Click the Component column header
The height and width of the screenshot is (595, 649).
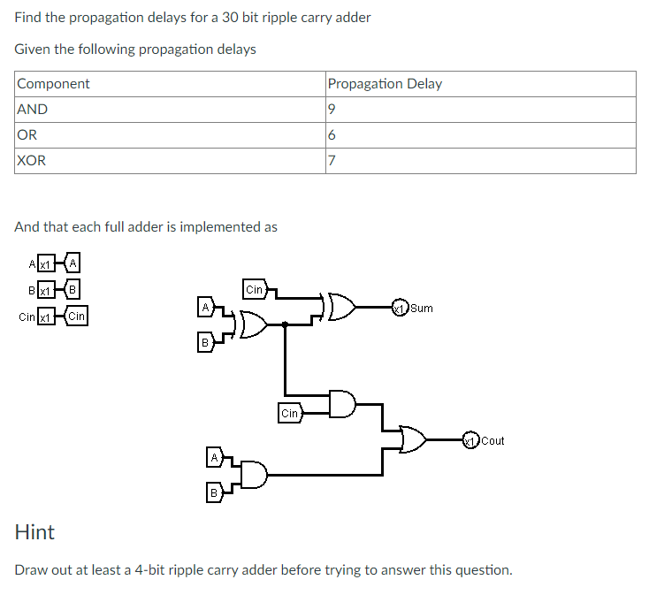click(53, 84)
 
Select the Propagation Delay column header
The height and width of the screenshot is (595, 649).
click(385, 84)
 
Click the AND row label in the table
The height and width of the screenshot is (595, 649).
click(33, 110)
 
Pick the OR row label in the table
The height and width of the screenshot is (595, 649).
click(27, 135)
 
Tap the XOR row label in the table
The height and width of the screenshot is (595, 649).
click(32, 161)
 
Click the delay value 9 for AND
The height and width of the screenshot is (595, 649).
click(331, 110)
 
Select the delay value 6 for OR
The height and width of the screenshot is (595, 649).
click(331, 135)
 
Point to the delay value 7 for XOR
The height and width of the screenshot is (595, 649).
click(331, 161)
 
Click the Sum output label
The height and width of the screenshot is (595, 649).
click(422, 309)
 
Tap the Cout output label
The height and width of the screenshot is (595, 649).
click(493, 440)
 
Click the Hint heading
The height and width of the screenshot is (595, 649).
click(34, 532)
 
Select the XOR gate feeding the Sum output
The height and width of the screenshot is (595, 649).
click(341, 308)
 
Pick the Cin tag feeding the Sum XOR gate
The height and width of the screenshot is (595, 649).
click(254, 289)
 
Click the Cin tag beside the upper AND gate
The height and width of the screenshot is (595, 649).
click(290, 413)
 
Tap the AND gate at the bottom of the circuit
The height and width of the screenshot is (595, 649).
click(253, 475)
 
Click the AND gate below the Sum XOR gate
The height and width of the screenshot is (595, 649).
click(342, 404)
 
